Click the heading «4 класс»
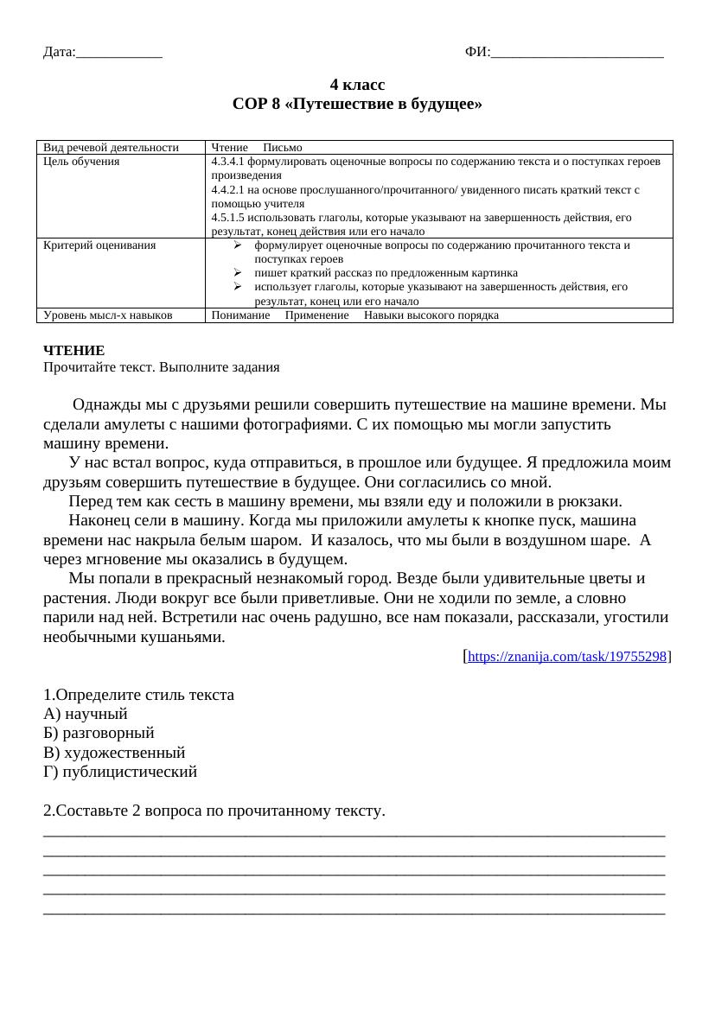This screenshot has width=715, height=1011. [x=357, y=85]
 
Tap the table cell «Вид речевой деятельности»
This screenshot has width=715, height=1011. [x=111, y=148]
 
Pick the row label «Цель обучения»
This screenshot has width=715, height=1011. [x=81, y=162]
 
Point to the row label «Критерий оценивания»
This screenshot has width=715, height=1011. [x=99, y=245]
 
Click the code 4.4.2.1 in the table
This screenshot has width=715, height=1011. [x=230, y=189]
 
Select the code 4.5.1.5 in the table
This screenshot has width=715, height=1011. [x=230, y=218]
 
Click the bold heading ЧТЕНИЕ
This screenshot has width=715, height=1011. [x=73, y=351]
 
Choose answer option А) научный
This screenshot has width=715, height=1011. [x=86, y=714]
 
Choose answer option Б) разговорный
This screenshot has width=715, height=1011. [x=99, y=733]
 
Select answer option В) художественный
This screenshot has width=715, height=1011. [x=114, y=753]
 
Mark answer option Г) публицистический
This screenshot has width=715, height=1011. [x=120, y=772]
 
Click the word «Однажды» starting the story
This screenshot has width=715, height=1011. [x=101, y=404]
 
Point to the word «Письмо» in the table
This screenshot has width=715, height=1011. [x=283, y=148]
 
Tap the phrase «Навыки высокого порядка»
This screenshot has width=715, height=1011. [x=431, y=315]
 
